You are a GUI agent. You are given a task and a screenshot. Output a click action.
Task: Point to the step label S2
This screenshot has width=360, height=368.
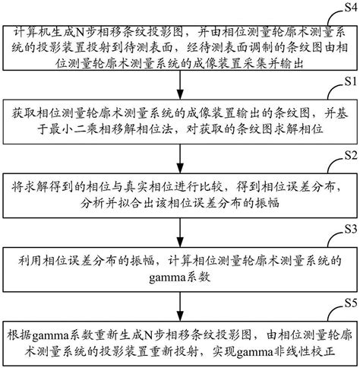349,155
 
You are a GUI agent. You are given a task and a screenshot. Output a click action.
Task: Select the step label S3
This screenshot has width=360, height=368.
349,229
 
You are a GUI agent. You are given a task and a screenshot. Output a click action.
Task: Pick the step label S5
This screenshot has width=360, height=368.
349,302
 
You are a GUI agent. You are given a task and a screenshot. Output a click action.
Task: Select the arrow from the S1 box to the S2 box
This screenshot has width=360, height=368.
180,158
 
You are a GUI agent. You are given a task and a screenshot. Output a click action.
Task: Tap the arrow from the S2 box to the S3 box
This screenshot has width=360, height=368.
180,232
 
